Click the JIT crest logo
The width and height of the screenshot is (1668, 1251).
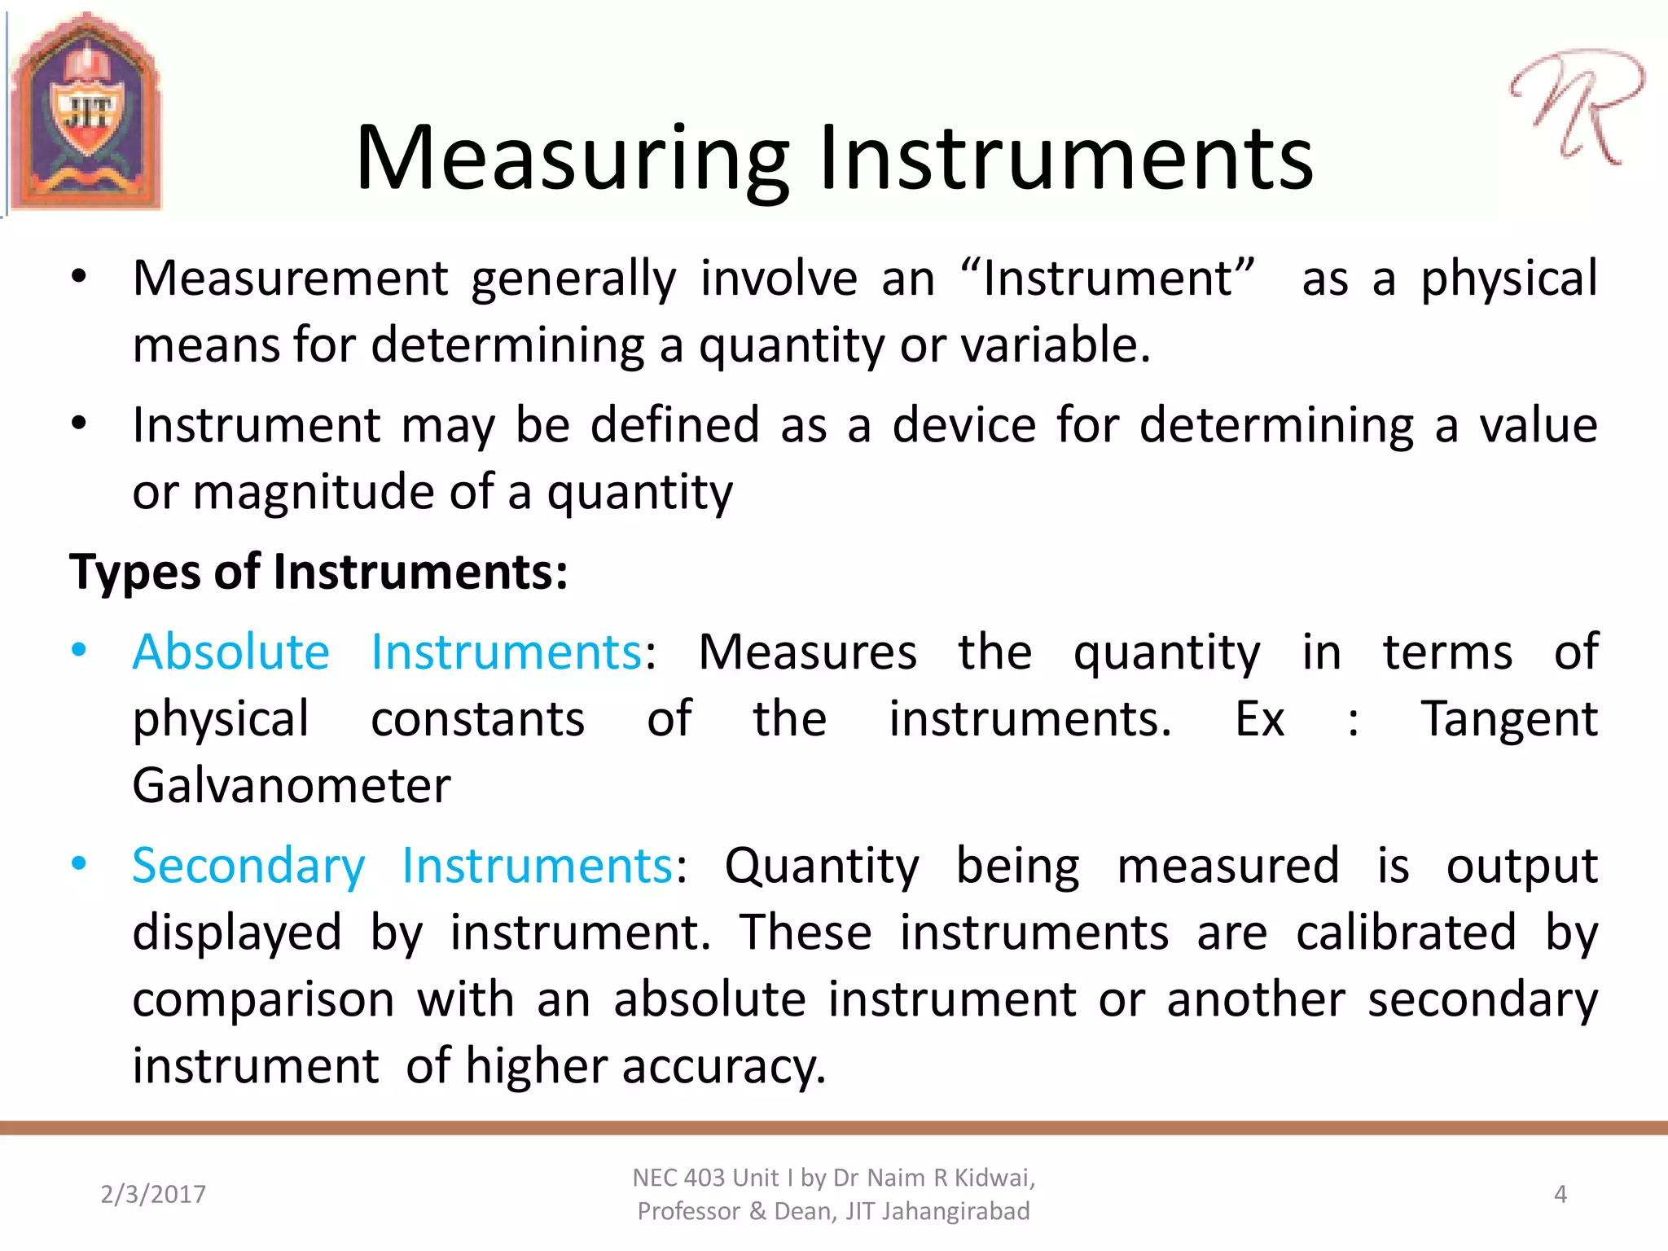(x=86, y=112)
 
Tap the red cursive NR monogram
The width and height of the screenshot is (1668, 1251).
(x=1576, y=106)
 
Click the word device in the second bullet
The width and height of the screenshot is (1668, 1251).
(x=963, y=425)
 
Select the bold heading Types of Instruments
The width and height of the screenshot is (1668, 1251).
(x=318, y=572)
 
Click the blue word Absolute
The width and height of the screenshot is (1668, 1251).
(x=231, y=652)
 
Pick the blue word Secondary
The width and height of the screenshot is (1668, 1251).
(x=249, y=866)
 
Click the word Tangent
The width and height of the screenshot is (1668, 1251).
(x=1509, y=719)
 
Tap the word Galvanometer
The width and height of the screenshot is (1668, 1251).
(x=292, y=786)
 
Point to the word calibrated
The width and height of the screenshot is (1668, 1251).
(x=1406, y=933)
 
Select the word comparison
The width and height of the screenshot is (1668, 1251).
(x=263, y=999)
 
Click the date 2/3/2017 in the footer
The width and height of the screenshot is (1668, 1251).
(x=153, y=1194)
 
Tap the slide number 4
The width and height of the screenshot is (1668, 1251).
(x=1560, y=1194)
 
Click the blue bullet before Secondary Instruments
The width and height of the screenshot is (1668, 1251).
(x=79, y=864)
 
